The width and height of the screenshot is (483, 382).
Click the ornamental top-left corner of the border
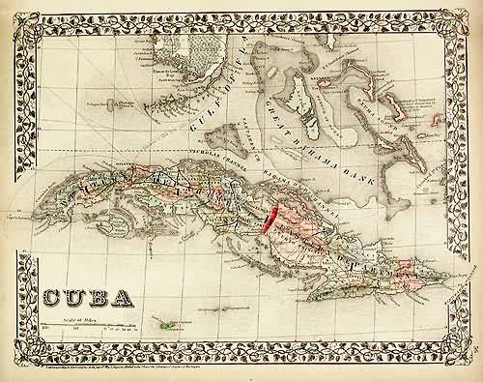[x=21, y=19]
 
